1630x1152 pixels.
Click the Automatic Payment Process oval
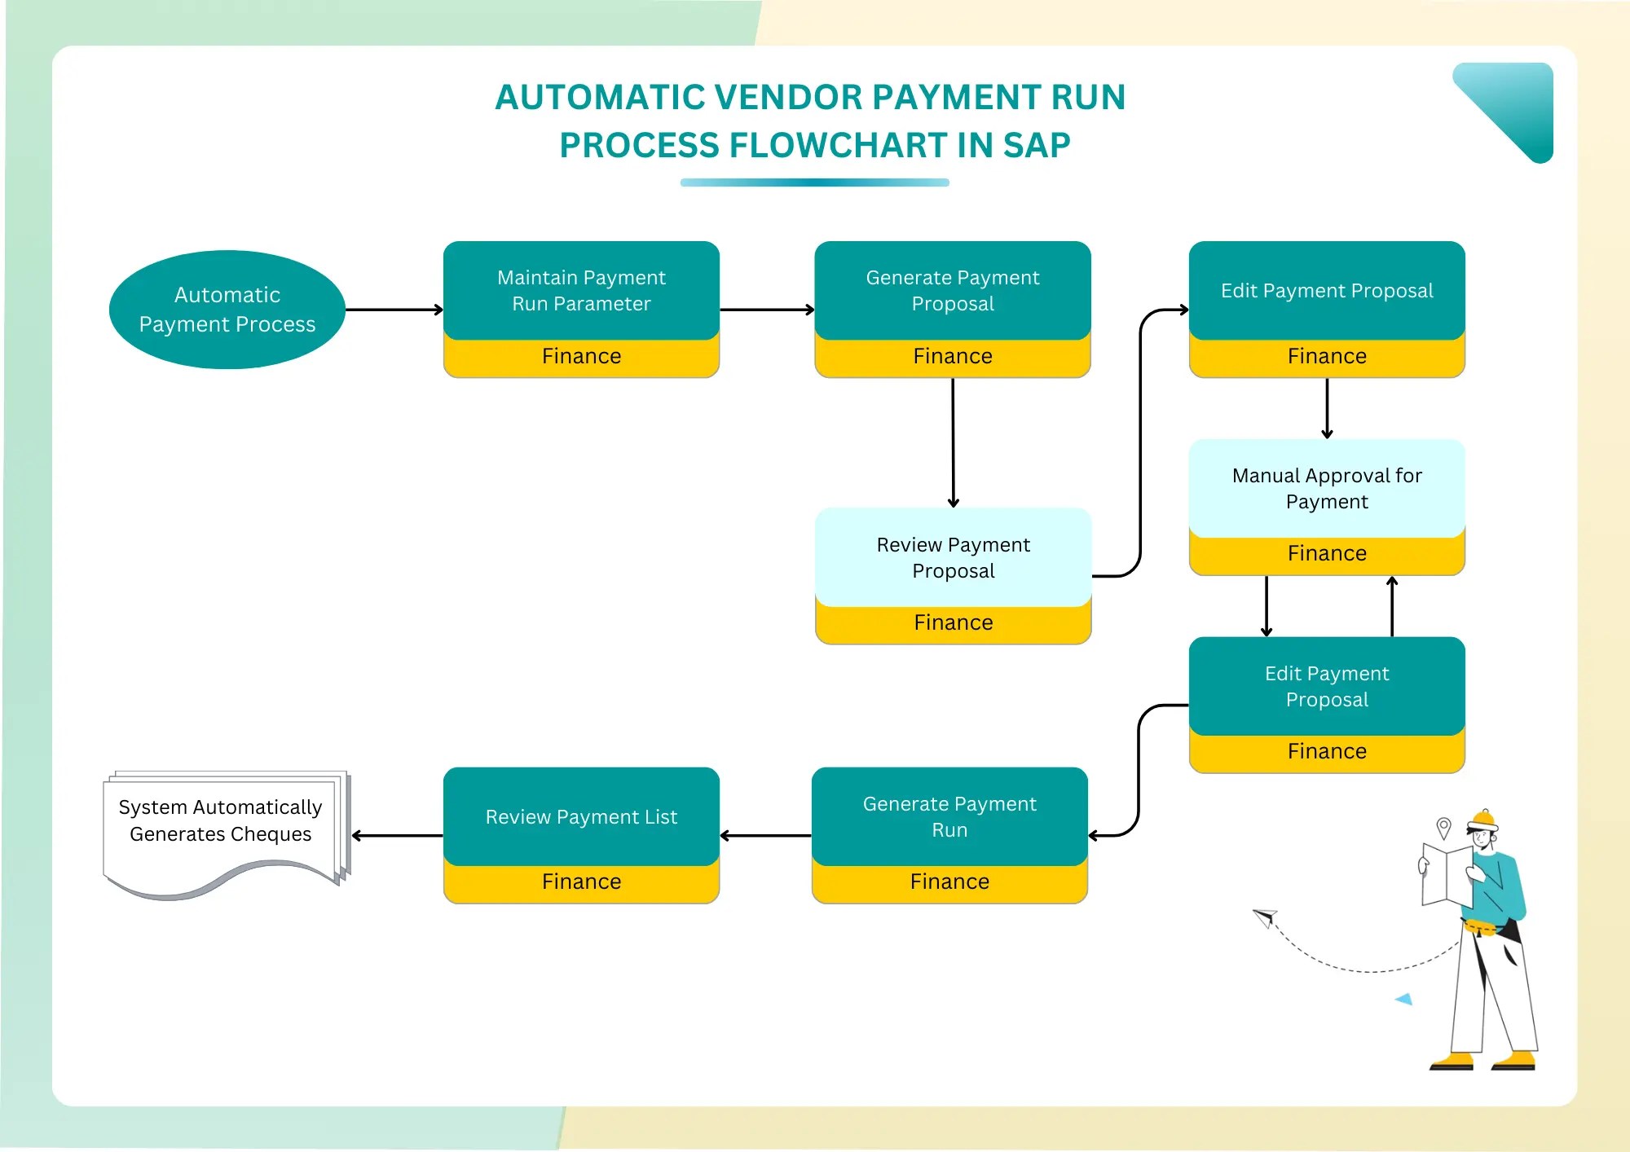coord(227,310)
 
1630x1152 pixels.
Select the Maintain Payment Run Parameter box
coord(581,291)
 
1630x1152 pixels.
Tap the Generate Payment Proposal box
coord(953,291)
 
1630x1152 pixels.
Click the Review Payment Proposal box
coord(953,557)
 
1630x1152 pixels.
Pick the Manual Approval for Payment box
coord(1327,489)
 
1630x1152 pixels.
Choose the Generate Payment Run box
coord(949,816)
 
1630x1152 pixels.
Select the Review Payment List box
coord(581,816)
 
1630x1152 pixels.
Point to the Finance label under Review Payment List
coord(581,882)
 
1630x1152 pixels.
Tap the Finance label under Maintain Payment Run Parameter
coord(581,356)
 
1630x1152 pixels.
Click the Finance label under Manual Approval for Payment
coord(1327,553)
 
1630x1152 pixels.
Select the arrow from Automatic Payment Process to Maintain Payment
coord(394,310)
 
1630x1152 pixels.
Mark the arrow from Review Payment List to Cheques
coord(398,835)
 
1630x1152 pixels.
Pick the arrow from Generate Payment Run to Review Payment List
coord(766,835)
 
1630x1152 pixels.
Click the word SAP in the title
coord(1036,145)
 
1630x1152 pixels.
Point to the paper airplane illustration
coord(1265,918)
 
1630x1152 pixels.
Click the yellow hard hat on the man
coord(1482,819)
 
